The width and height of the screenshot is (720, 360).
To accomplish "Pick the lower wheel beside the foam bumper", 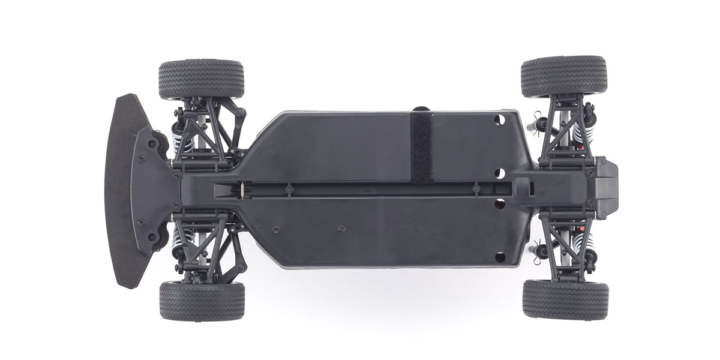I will pyautogui.click(x=202, y=300).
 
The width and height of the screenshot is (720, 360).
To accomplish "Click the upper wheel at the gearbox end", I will pyautogui.click(x=563, y=76).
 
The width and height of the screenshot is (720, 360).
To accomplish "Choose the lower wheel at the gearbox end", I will pyautogui.click(x=565, y=298).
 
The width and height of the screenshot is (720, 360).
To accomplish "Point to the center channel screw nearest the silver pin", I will pyautogui.click(x=289, y=188).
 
